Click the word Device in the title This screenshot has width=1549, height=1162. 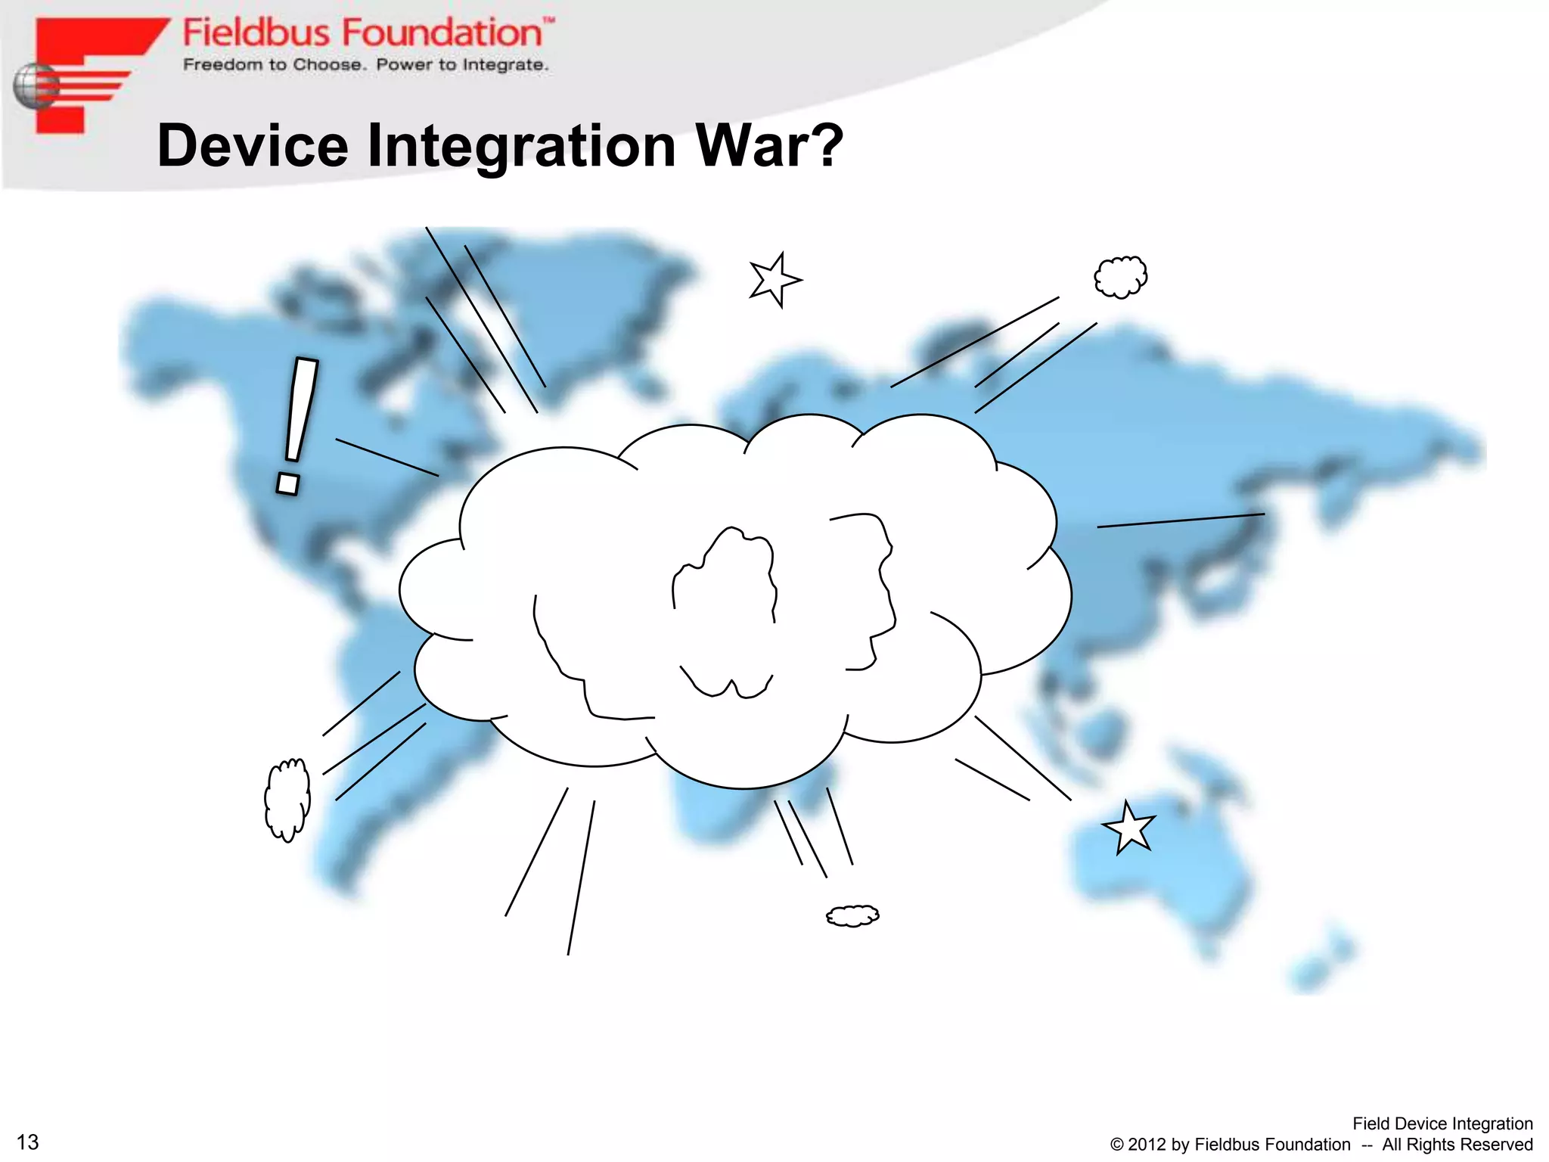pyautogui.click(x=253, y=145)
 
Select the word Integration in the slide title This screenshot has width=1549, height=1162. pyautogui.click(x=521, y=147)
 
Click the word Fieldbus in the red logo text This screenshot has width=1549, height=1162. pyautogui.click(x=256, y=33)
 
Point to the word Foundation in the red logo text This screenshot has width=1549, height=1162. pyautogui.click(x=442, y=33)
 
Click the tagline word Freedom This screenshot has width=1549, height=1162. pyautogui.click(x=223, y=65)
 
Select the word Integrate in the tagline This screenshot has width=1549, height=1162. pyautogui.click(x=504, y=65)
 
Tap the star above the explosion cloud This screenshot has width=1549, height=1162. pyautogui.click(x=774, y=280)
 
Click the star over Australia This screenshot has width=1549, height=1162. pyautogui.click(x=1129, y=828)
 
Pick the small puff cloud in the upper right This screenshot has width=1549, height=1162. pyautogui.click(x=1120, y=277)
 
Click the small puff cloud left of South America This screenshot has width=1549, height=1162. pyautogui.click(x=287, y=799)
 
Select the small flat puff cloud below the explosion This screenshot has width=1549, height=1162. pyautogui.click(x=852, y=915)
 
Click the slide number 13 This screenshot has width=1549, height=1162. pyautogui.click(x=28, y=1142)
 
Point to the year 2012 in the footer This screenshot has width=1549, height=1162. pyautogui.click(x=1146, y=1145)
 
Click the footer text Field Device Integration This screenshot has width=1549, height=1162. pyautogui.click(x=1442, y=1123)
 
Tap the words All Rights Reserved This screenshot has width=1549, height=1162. pyautogui.click(x=1457, y=1145)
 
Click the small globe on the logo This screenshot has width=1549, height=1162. pyautogui.click(x=35, y=86)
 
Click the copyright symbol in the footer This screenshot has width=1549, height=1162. pyautogui.click(x=1116, y=1145)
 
